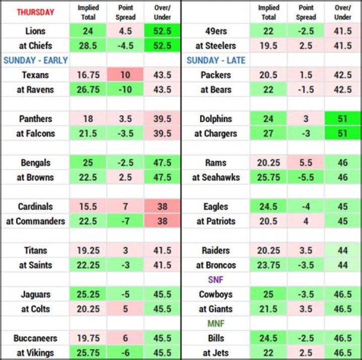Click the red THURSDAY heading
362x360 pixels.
point(35,13)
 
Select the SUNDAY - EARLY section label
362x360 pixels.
point(35,60)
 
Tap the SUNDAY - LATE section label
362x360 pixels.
point(216,60)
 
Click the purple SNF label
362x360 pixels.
point(216,280)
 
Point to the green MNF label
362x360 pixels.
point(216,324)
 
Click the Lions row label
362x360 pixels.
point(35,31)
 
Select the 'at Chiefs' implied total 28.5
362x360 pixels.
point(88,46)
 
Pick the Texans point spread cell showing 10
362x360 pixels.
point(125,75)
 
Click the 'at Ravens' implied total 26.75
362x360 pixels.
point(88,89)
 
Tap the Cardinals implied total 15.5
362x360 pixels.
point(88,206)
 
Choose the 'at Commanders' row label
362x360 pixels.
point(35,221)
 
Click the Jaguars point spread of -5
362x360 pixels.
point(125,294)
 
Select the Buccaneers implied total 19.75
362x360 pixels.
point(88,338)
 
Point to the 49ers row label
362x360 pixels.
point(216,31)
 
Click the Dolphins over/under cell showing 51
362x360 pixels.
point(342,119)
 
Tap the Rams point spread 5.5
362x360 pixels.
point(306,163)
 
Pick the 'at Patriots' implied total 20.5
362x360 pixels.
point(269,221)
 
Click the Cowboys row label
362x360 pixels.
point(216,294)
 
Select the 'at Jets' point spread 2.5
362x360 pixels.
point(306,353)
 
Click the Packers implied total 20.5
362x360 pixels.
point(269,75)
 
